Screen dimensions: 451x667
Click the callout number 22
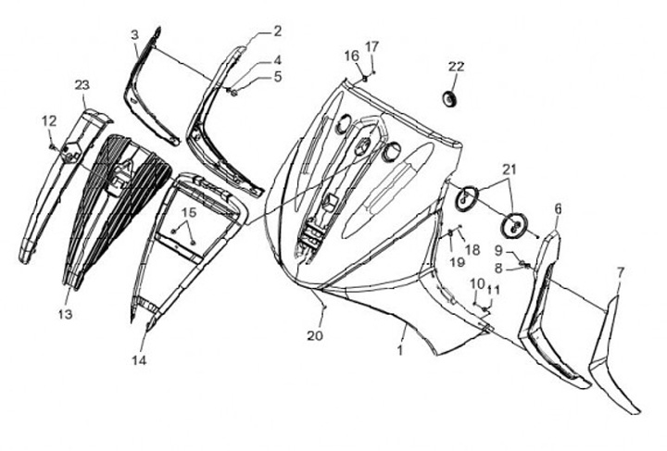click(x=457, y=67)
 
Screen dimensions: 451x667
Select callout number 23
click(x=82, y=85)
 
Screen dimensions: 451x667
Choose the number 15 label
click(x=188, y=213)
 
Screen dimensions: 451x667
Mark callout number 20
click(x=315, y=336)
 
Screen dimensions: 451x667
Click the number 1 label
click(x=400, y=352)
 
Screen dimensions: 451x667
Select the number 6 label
click(x=557, y=210)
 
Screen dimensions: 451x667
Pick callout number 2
click(x=276, y=31)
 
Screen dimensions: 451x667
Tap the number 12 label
click(x=48, y=119)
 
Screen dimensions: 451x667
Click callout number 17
click(x=371, y=46)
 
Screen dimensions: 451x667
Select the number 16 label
click(x=352, y=56)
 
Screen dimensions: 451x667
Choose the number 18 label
click(x=472, y=250)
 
